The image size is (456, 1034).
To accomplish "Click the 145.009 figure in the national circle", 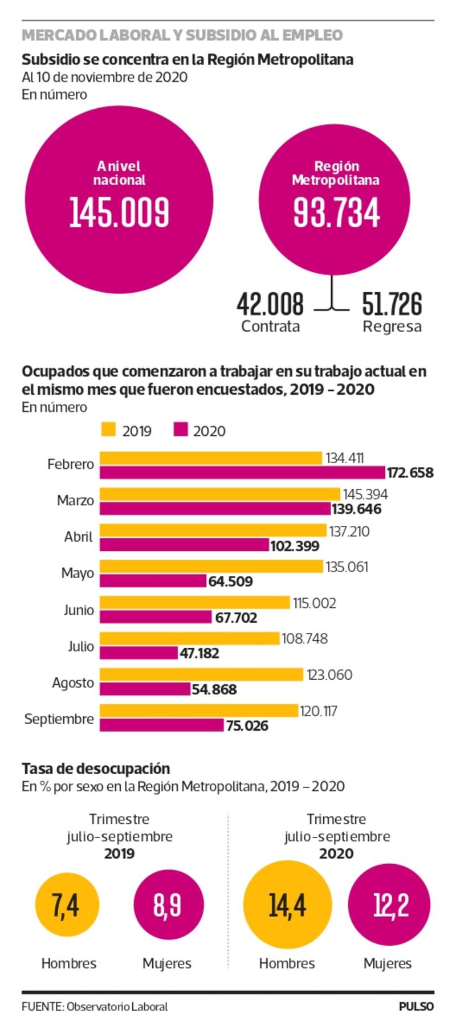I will (x=119, y=212).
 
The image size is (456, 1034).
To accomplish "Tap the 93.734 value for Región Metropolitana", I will (x=336, y=212).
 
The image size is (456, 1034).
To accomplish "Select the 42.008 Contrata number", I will (x=270, y=304).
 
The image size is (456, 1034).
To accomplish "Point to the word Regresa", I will (x=392, y=326).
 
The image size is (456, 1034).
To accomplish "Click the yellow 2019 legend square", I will (x=108, y=430).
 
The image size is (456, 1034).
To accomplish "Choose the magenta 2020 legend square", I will (x=180, y=430).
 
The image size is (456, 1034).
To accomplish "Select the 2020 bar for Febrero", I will (x=242, y=472).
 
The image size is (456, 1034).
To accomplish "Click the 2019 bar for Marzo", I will (x=220, y=494).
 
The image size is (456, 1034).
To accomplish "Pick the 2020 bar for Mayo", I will (x=153, y=581).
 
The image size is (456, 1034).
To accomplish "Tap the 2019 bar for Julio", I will (x=189, y=639).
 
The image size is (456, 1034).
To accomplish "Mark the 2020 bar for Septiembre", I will (x=162, y=725).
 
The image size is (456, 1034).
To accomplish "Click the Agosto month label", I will (x=73, y=682).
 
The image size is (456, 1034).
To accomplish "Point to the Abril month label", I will (x=78, y=537).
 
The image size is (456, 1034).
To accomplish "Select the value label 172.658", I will (x=410, y=473).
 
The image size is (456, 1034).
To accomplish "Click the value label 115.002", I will (x=315, y=603).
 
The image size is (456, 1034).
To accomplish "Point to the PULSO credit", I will (x=416, y=1007).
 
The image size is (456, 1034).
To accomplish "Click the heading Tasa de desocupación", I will (x=96, y=768).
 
